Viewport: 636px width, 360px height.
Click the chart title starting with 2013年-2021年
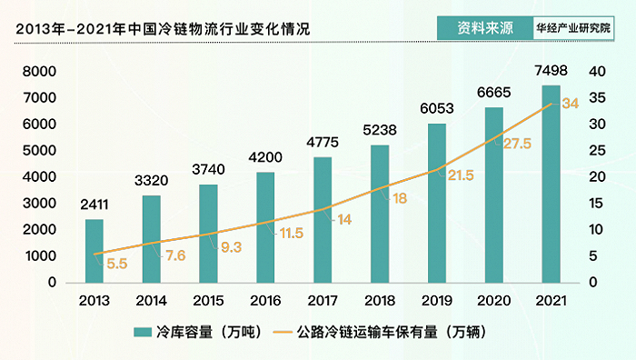pyautogui.click(x=164, y=28)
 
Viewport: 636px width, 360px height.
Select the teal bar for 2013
pyautogui.click(x=94, y=250)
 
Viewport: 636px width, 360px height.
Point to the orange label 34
pyautogui.click(x=571, y=104)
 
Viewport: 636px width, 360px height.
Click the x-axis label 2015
pyautogui.click(x=209, y=301)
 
